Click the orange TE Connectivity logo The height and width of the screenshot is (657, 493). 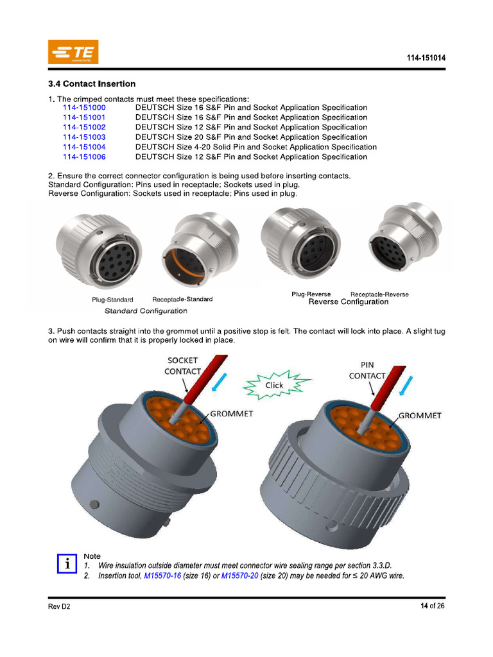coord(73,52)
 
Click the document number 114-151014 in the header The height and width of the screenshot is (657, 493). coord(426,58)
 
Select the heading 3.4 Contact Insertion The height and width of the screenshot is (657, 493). coord(92,83)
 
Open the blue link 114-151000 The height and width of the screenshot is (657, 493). coord(84,108)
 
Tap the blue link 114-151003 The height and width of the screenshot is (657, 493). coord(84,137)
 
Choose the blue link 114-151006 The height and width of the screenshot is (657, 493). coord(84,157)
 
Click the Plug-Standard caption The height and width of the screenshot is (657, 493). coord(112,300)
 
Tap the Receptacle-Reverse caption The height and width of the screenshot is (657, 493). coord(379,294)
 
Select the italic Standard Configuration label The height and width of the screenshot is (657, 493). coord(146,311)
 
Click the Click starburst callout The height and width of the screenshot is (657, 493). coord(275,386)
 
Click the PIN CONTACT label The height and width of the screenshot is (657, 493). coord(367,370)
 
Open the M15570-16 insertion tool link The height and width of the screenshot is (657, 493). coord(162,576)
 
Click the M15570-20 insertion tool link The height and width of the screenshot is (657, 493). coord(239,576)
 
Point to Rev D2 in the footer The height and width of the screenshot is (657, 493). coord(59,607)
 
